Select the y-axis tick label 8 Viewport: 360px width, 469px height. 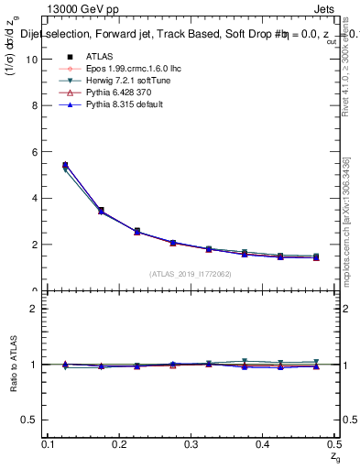(34, 105)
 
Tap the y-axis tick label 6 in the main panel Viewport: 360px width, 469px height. (34, 152)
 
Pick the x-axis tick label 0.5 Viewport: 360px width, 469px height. (333, 443)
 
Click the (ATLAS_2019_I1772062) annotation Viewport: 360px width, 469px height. (191, 274)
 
